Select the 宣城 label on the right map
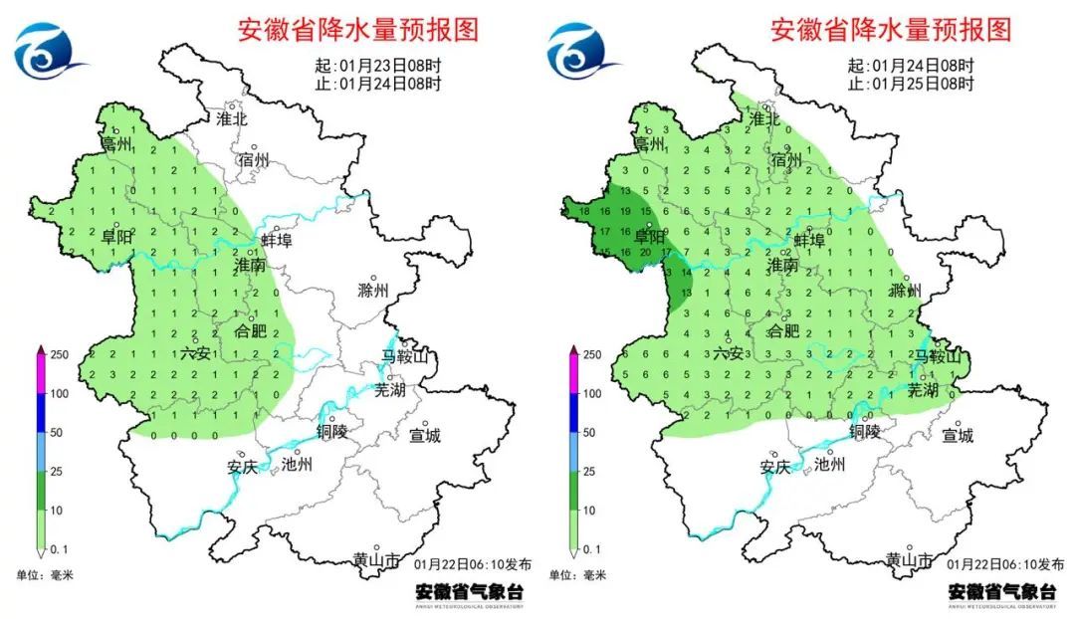pos(958,435)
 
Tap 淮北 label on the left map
pos(232,118)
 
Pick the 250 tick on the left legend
pos(62,354)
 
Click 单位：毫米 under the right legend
pos(576,575)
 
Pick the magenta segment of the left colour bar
pos(41,374)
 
